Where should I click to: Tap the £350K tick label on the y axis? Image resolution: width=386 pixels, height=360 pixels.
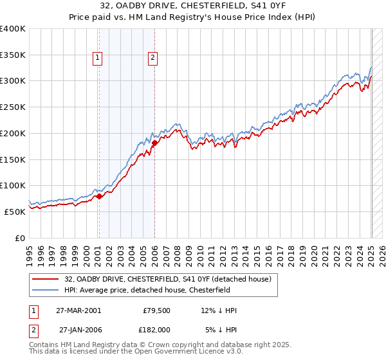pos(13,55)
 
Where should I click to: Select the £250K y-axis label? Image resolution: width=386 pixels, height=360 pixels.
pos(13,107)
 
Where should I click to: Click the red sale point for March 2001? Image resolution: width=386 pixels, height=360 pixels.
pos(100,196)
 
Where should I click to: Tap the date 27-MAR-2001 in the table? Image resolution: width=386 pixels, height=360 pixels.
pos(78,310)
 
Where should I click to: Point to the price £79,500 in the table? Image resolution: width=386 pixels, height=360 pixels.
pos(156,310)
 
